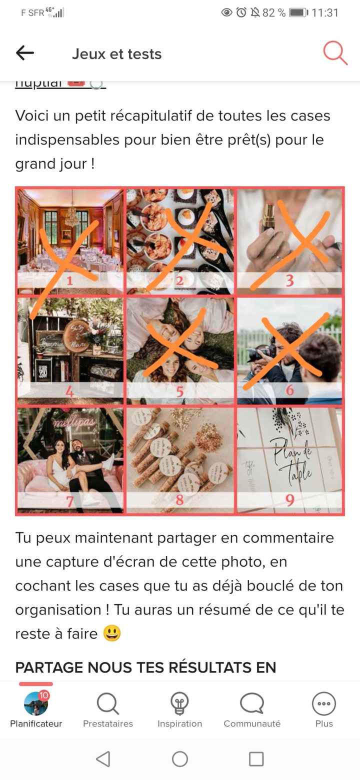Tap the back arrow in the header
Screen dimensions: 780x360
pyautogui.click(x=25, y=53)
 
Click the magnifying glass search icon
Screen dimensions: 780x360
pyautogui.click(x=334, y=53)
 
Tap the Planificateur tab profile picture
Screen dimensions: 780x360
pyautogui.click(x=36, y=703)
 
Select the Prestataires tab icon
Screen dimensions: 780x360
pyautogui.click(x=108, y=704)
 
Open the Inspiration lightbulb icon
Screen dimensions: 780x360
pyautogui.click(x=179, y=704)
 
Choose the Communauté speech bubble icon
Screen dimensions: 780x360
pyautogui.click(x=252, y=704)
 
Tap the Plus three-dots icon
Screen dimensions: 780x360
pyautogui.click(x=324, y=704)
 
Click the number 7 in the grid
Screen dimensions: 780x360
pyautogui.click(x=70, y=500)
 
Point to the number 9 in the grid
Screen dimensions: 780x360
pyautogui.click(x=289, y=500)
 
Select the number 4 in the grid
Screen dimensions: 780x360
pyautogui.click(x=70, y=391)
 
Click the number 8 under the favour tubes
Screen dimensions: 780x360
pyautogui.click(x=179, y=500)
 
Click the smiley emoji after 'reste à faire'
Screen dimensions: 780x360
pyautogui.click(x=112, y=634)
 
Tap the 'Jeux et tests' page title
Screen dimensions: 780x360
pyautogui.click(x=116, y=54)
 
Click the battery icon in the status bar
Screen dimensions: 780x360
pyautogui.click(x=298, y=13)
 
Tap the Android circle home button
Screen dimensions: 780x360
pyautogui.click(x=180, y=759)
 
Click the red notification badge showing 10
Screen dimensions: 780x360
pyautogui.click(x=44, y=695)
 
